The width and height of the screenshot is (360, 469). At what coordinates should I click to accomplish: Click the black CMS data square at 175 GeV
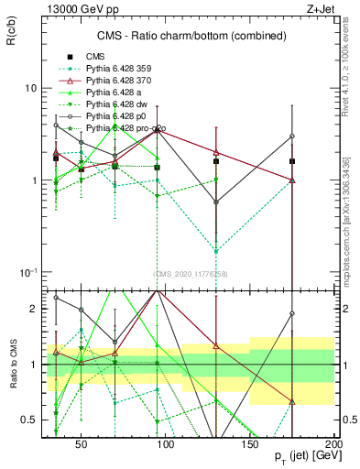(x=292, y=161)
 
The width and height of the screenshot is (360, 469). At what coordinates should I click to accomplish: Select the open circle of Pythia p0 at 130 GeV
(x=216, y=202)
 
